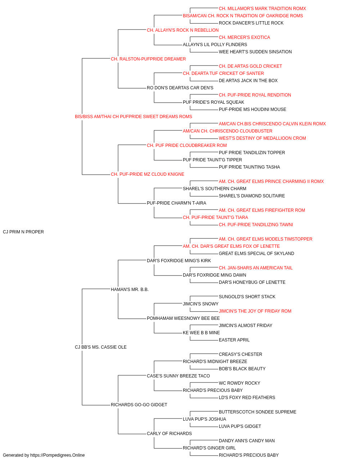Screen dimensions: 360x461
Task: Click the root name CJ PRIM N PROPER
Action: coord(23,232)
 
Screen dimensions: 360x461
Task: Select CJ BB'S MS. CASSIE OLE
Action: coord(101,347)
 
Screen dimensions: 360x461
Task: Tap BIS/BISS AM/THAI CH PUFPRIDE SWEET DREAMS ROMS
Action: coord(133,117)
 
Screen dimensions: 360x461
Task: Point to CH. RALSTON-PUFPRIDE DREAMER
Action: coord(148,59)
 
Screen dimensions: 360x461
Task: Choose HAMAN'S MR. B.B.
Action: coord(130,290)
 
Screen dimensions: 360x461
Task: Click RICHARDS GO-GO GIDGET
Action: coord(139,405)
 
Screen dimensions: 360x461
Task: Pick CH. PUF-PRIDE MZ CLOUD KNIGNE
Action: coord(148,174)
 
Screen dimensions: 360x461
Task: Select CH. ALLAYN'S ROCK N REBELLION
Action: coord(183,30)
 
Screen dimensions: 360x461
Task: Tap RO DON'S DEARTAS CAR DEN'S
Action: coord(180,88)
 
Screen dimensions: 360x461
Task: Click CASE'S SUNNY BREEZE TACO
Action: coord(178,376)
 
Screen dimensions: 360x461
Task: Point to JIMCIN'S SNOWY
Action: coord(201,304)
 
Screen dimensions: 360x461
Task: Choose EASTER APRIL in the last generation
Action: coord(234,340)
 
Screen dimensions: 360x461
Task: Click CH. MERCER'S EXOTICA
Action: coord(244,37)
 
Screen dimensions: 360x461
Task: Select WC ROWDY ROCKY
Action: coord(239,383)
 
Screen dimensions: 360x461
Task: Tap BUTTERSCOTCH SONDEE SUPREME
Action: coord(258,412)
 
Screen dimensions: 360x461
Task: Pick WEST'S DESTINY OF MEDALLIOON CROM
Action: coord(262,138)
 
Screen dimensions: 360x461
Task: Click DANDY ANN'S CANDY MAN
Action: coord(247,441)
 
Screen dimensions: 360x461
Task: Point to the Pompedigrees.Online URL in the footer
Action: coord(58,455)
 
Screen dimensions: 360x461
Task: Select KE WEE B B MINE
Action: coord(201,333)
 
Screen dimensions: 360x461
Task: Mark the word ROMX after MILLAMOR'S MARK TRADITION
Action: coord(300,9)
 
